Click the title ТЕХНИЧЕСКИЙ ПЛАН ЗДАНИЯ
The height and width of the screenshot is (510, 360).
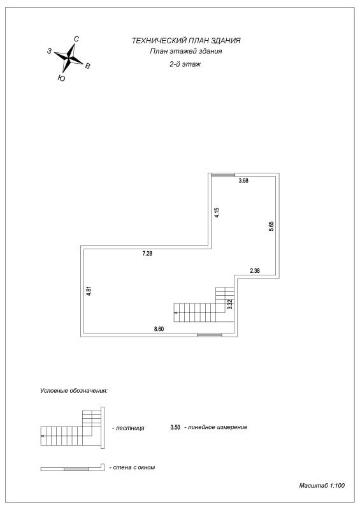click(x=186, y=41)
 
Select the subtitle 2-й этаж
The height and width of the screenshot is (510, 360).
click(x=185, y=64)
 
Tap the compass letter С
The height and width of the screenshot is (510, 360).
click(x=76, y=39)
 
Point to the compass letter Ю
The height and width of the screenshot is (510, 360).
click(x=61, y=78)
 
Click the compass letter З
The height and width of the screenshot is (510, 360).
click(x=49, y=51)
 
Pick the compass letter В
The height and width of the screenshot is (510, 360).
click(x=87, y=66)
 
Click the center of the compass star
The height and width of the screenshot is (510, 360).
click(x=69, y=58)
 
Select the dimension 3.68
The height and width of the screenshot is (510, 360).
click(x=243, y=180)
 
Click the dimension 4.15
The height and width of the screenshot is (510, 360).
click(x=217, y=212)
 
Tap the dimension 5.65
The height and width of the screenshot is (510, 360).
click(x=271, y=226)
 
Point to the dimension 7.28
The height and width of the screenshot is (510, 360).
click(x=147, y=253)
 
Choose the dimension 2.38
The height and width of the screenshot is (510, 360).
click(x=255, y=270)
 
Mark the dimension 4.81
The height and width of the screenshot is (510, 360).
click(x=89, y=291)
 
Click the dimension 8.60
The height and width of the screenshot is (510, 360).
click(x=159, y=329)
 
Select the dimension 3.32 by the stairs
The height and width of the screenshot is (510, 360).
click(x=229, y=304)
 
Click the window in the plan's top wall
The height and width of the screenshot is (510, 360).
click(x=223, y=175)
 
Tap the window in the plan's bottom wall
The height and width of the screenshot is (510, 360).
click(x=210, y=335)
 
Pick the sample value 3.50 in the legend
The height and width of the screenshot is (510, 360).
click(x=175, y=427)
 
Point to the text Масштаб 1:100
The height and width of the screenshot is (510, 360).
click(x=322, y=486)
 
